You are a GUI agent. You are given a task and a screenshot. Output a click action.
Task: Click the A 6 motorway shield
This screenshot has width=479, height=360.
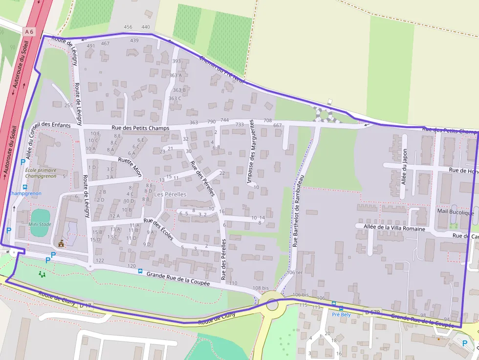coord(29,31)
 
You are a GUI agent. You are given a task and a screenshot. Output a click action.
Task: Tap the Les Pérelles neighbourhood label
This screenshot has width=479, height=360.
coord(170,194)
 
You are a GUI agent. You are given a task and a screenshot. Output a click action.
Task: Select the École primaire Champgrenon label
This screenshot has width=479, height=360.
coord(41,173)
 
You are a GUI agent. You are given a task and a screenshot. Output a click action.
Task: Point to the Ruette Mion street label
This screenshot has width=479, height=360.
coord(130,165)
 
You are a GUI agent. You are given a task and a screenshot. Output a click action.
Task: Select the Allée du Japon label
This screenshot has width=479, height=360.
coord(404,167)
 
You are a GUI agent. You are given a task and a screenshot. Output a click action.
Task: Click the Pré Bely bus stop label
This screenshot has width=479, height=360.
coord(341,315)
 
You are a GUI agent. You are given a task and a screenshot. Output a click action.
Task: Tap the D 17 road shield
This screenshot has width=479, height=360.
coord(85,306)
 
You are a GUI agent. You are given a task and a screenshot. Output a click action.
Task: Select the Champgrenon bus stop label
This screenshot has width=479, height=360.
coord(25,193)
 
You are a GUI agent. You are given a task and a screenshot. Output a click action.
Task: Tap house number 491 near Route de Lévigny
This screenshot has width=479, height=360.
coord(91,46)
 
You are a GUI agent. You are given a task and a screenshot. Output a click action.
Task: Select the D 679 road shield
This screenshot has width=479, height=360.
coord(372,312)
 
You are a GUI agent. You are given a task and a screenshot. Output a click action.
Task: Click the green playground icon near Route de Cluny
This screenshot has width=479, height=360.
coord(42,274)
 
